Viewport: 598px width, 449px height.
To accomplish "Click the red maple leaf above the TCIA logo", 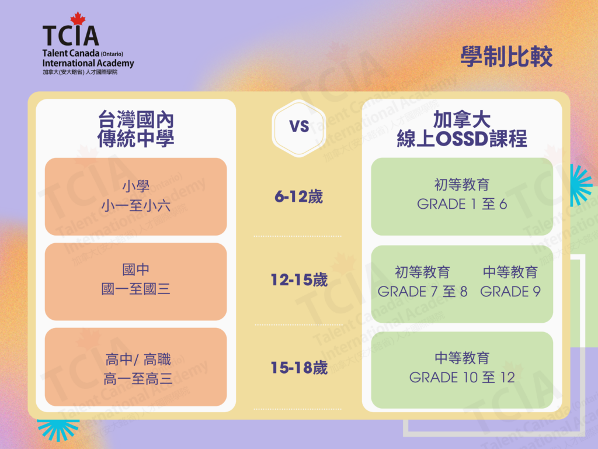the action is [x=78, y=18].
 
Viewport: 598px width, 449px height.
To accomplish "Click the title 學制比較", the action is [x=506, y=57].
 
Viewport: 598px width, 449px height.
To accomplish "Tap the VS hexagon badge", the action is [x=299, y=128].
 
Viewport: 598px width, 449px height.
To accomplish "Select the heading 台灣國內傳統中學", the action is [x=135, y=129].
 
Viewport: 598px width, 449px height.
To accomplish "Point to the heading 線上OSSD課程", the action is [x=462, y=138].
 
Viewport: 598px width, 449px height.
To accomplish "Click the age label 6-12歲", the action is [x=298, y=196].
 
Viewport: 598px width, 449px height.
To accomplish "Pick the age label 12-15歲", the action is [x=299, y=280].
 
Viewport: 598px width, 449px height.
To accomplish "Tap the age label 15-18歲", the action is [x=299, y=368].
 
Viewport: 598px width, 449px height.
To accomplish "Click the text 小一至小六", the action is [x=135, y=206].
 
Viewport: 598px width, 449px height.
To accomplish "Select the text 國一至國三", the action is [x=135, y=289].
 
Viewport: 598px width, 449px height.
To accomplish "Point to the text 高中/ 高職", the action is [x=138, y=360].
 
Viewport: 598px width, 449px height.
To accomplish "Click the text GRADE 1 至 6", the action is [x=462, y=204].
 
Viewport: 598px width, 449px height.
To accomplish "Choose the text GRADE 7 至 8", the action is [x=423, y=292].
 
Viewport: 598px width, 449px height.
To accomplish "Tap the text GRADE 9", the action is [x=510, y=292].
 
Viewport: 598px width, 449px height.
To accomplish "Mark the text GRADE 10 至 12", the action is [x=462, y=378].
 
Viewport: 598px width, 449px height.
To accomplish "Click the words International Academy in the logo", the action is [x=88, y=63].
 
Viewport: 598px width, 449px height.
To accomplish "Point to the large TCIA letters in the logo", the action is [x=71, y=36].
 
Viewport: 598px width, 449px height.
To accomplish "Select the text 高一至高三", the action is [x=138, y=379].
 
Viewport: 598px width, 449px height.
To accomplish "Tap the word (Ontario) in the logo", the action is [x=112, y=54].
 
